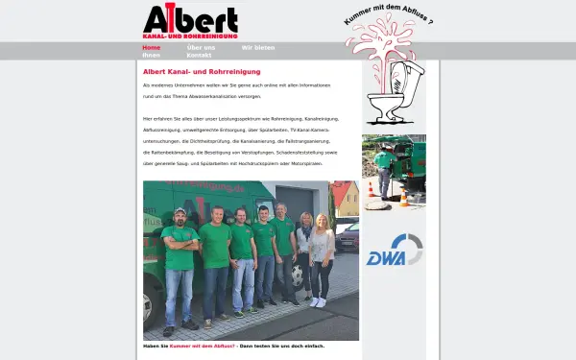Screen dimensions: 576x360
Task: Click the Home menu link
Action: tap(152, 47)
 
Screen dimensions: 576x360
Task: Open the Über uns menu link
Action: tap(201, 47)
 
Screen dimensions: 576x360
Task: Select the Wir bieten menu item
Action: tap(258, 47)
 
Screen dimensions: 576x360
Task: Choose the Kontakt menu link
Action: tap(199, 55)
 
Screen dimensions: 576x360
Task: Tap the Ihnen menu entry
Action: tap(152, 55)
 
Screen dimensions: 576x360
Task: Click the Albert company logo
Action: tap(190, 22)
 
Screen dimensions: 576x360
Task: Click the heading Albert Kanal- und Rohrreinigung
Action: tap(202, 71)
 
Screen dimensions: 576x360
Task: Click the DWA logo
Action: tap(394, 251)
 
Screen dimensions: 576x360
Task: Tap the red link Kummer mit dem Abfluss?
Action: tap(204, 346)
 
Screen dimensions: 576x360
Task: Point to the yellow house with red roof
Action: tap(346, 200)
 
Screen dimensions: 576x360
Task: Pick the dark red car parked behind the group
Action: tap(348, 234)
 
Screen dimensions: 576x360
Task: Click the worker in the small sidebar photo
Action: tap(384, 169)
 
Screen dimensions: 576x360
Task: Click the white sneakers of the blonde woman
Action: tap(318, 301)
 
